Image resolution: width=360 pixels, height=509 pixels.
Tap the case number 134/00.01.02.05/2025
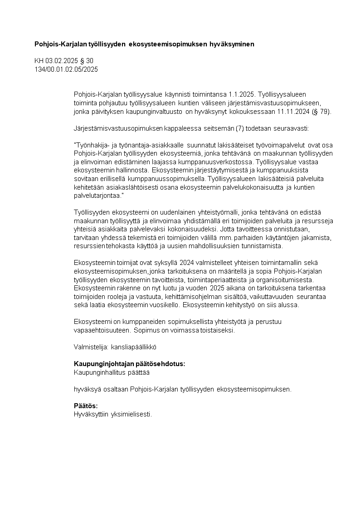click(x=66, y=69)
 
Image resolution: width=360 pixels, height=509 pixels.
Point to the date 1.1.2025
click(x=240, y=94)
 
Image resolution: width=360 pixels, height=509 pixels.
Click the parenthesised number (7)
click(x=241, y=128)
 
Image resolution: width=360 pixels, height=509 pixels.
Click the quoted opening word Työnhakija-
click(x=91, y=145)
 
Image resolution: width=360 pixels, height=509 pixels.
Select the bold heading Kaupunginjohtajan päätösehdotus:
click(x=129, y=364)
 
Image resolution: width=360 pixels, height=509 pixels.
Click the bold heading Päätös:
click(x=86, y=406)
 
